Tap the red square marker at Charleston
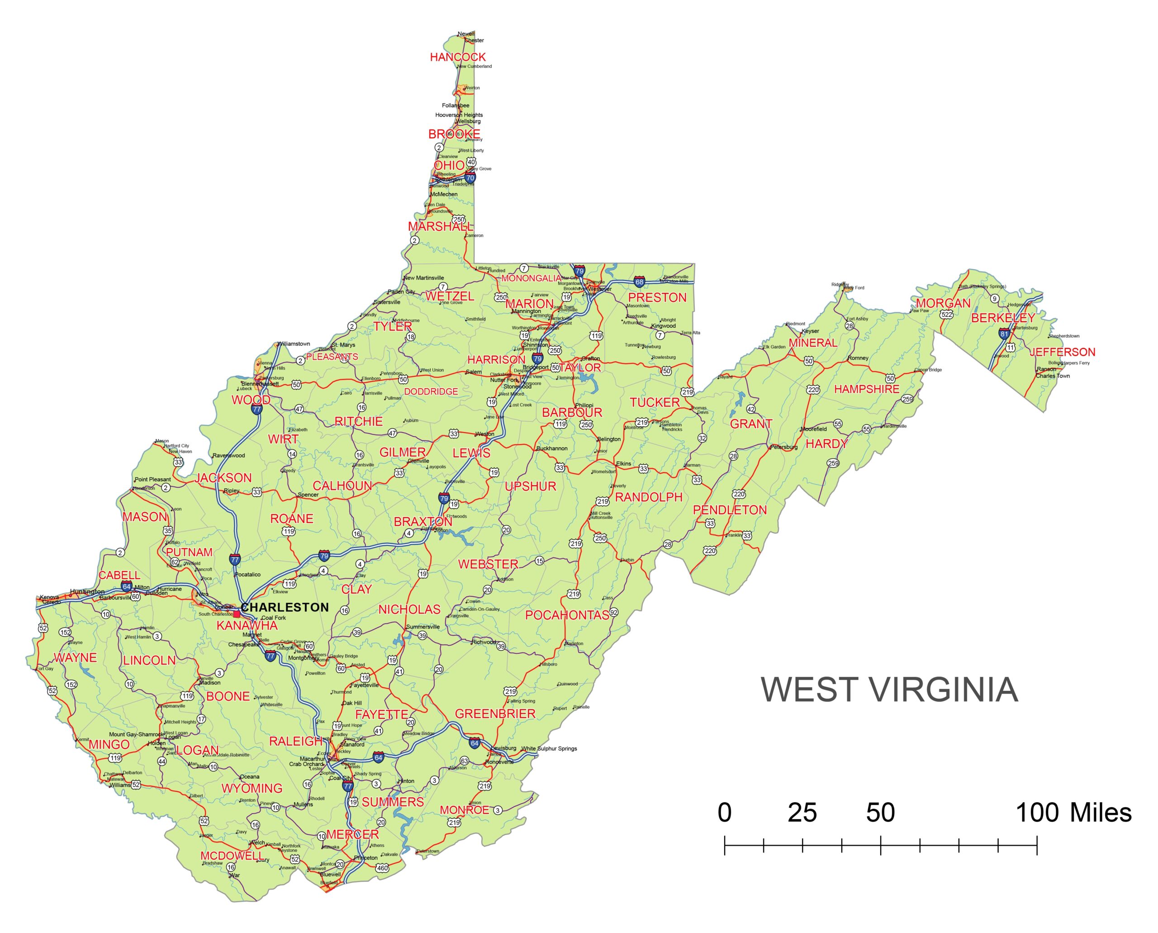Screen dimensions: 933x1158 (237, 614)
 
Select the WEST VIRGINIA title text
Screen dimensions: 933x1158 (889, 690)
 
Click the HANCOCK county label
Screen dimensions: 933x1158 (457, 57)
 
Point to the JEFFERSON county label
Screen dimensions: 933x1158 (1062, 352)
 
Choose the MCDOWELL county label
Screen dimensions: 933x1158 (232, 856)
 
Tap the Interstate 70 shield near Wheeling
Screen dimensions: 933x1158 (470, 177)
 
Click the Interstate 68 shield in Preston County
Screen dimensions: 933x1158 (639, 281)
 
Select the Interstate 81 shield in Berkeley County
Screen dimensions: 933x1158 (1004, 333)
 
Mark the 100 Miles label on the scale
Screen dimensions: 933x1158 (1073, 813)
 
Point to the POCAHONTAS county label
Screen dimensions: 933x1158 (567, 615)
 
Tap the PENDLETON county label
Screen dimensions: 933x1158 (729, 510)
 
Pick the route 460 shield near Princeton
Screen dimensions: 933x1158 (382, 867)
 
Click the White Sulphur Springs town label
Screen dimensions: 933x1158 (549, 749)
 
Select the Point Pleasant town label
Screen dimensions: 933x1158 (152, 480)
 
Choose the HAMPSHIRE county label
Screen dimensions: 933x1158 (866, 389)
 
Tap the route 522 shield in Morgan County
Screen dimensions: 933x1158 (946, 314)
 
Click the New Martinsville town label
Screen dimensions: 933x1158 (423, 278)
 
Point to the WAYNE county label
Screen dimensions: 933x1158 (75, 658)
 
